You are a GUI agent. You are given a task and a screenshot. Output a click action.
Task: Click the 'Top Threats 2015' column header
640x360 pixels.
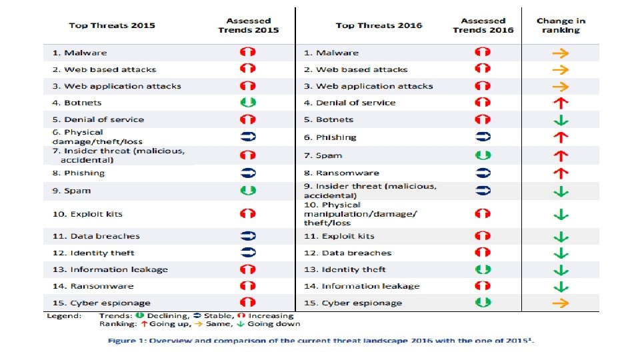click(x=112, y=25)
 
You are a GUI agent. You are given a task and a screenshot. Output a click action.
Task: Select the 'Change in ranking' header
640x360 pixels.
click(x=561, y=25)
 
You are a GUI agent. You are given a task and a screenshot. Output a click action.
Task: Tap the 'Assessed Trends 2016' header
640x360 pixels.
click(x=483, y=25)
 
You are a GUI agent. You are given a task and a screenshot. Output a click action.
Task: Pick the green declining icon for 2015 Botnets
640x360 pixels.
click(x=248, y=103)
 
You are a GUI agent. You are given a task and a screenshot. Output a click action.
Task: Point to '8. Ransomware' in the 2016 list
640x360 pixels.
click(x=341, y=173)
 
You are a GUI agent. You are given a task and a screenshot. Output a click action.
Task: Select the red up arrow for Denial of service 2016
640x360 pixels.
click(x=561, y=103)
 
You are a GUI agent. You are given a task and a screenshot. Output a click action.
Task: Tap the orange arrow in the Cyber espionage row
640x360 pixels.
click(x=561, y=303)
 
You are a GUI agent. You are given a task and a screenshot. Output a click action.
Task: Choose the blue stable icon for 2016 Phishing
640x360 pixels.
click(x=483, y=137)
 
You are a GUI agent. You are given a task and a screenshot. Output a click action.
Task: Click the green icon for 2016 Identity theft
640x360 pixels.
click(x=483, y=269)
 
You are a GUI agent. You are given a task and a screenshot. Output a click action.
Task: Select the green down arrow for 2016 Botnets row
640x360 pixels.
click(x=561, y=120)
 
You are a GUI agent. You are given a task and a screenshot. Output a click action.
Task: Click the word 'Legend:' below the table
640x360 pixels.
click(x=64, y=315)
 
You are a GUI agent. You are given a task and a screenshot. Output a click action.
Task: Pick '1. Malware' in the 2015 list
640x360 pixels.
click(x=79, y=53)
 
